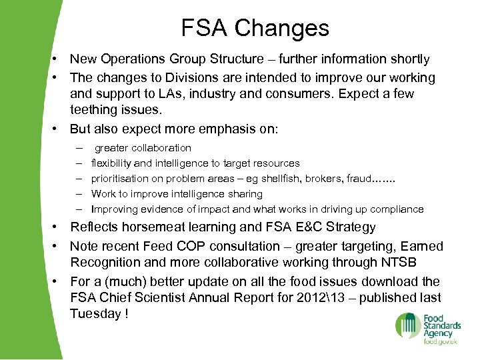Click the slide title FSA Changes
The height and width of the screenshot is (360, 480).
(255, 28)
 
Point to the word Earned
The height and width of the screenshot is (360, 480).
(422, 246)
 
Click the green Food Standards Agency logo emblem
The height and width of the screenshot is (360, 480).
(407, 326)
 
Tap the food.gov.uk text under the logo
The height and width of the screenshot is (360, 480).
(439, 341)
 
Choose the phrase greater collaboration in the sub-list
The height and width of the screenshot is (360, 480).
(143, 148)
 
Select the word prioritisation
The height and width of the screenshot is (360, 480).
(123, 179)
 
